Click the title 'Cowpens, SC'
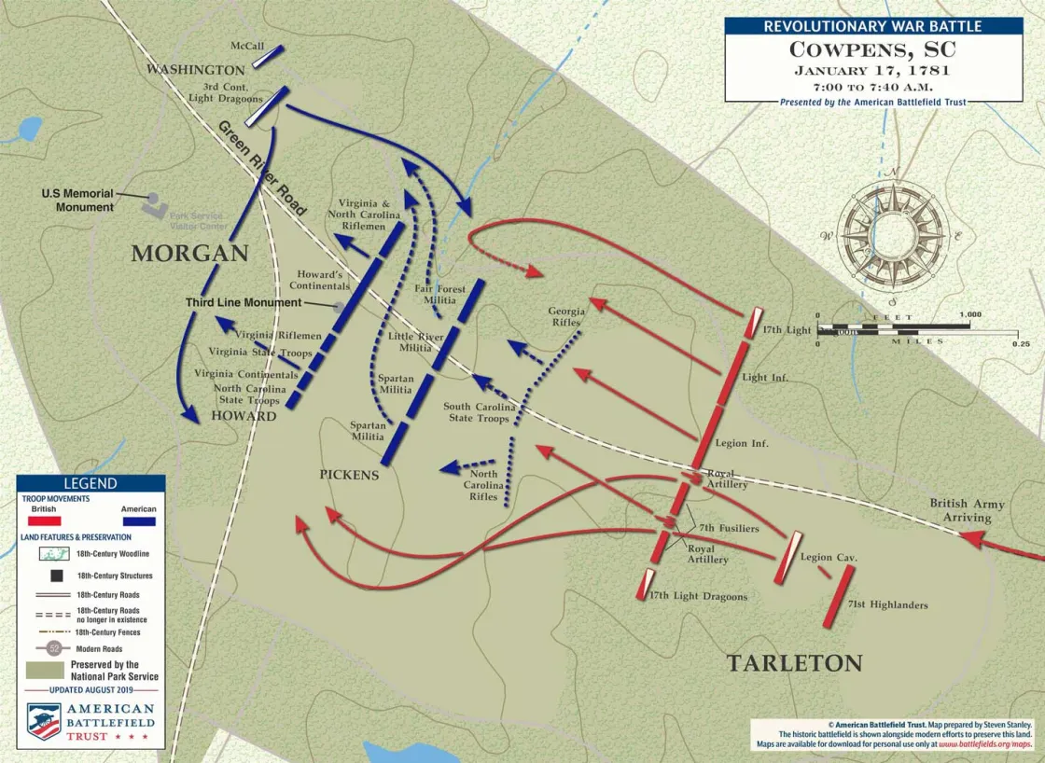872,49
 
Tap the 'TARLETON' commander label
794,663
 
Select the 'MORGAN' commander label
189,253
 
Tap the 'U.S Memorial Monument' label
77,200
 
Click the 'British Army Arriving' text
967,510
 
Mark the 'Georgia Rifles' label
566,317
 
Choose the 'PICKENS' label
349,475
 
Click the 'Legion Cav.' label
829,557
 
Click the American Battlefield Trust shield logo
43,721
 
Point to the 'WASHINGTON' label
196,70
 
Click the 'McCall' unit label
247,46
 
